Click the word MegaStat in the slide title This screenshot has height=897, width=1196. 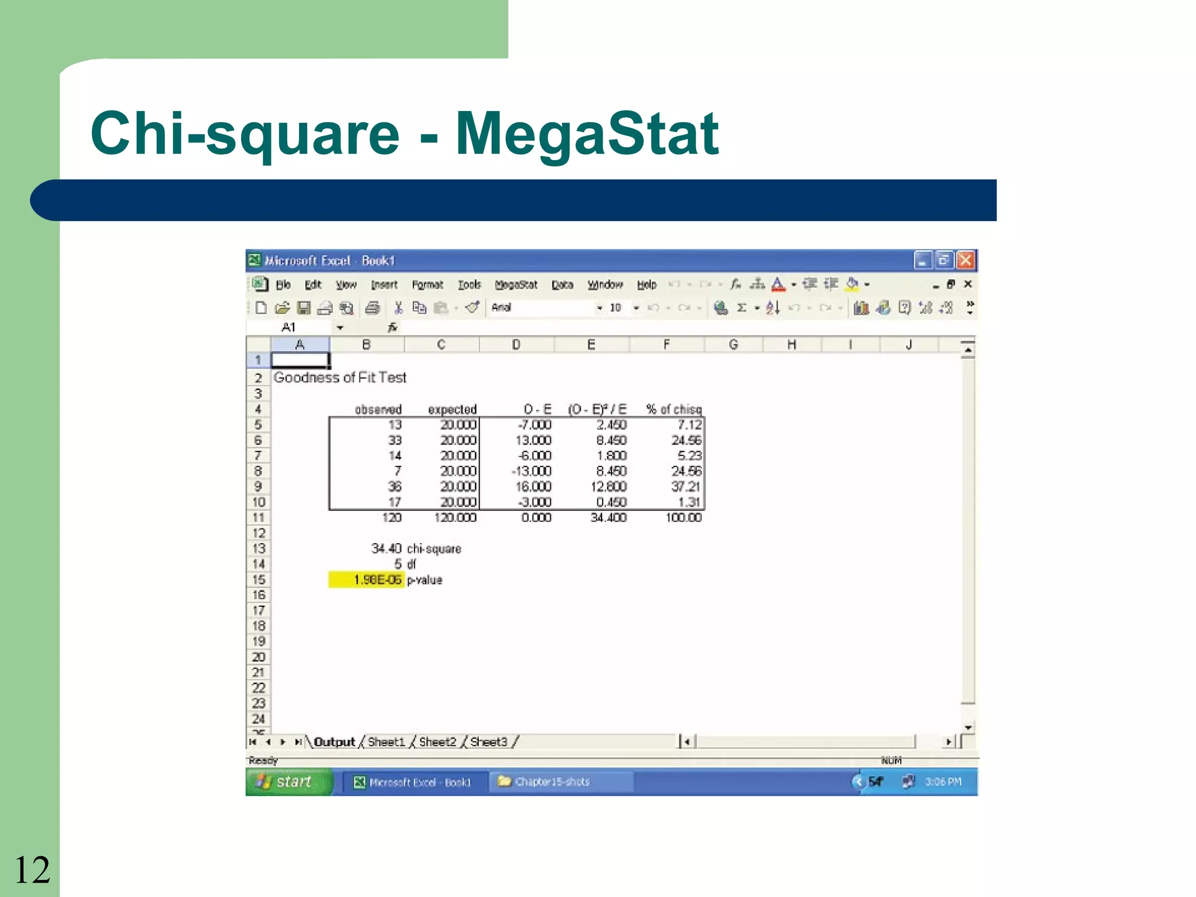click(x=586, y=134)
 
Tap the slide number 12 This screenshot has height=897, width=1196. click(x=32, y=870)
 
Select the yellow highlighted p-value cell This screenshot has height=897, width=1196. click(x=367, y=580)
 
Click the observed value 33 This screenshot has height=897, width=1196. click(x=395, y=440)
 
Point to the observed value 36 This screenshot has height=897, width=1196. click(x=395, y=486)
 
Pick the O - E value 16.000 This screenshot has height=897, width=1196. click(x=533, y=486)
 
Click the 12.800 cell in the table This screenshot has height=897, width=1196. click(x=609, y=486)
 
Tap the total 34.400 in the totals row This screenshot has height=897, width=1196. click(x=609, y=517)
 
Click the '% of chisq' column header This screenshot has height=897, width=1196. click(x=673, y=409)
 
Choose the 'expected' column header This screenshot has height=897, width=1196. click(x=452, y=409)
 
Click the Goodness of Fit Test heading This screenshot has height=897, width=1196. click(x=340, y=378)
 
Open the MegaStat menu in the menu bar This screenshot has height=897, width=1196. click(x=516, y=285)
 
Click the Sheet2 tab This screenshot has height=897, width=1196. click(x=437, y=742)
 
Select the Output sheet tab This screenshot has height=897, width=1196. click(x=334, y=742)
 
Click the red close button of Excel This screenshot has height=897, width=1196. click(x=965, y=260)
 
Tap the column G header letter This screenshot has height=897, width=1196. click(x=733, y=345)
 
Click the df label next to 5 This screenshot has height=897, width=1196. click(x=412, y=564)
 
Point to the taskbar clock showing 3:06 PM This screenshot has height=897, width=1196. click(x=943, y=782)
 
